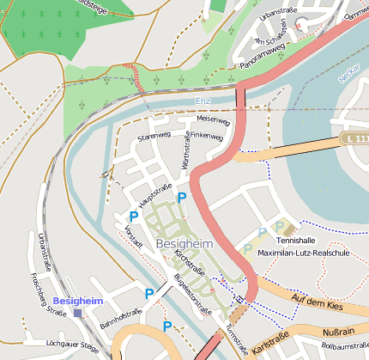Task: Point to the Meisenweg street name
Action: point(214,120)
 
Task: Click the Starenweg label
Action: point(155,136)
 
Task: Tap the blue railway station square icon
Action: point(79,313)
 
